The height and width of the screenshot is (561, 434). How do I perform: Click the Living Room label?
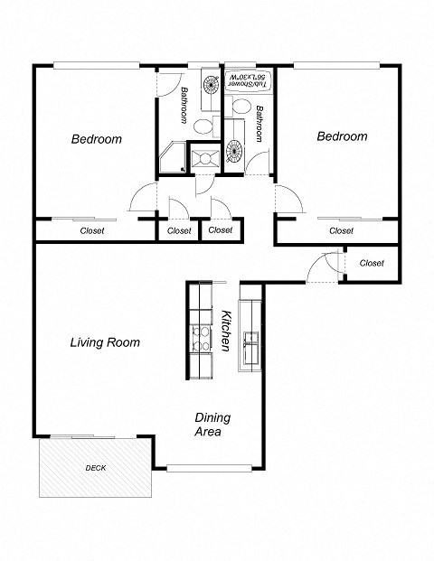coord(105,342)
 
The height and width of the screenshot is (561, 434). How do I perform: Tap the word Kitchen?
coord(227,332)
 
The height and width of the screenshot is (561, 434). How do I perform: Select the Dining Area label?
coord(212,425)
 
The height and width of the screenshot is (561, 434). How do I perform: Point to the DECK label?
coord(95,468)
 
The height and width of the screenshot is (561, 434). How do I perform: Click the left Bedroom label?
coord(97,139)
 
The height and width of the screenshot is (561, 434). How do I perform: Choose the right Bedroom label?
coord(342,136)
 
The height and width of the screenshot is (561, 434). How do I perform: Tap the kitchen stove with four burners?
coord(199,339)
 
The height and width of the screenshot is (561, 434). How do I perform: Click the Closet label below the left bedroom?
coord(92,230)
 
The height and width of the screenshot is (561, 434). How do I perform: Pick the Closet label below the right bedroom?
coord(341,230)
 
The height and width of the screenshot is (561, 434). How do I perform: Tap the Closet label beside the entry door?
coord(372,263)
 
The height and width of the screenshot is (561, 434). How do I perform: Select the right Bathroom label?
coord(259,123)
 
